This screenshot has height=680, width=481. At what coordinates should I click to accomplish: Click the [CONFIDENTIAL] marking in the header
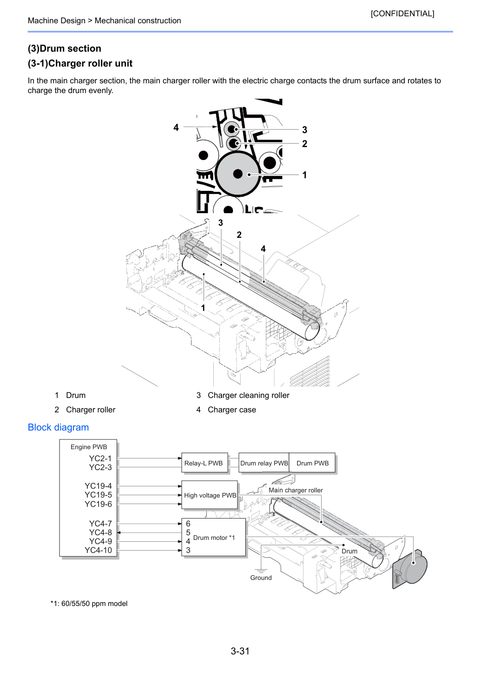(x=402, y=13)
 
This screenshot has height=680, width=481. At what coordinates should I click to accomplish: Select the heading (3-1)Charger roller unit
(x=80, y=63)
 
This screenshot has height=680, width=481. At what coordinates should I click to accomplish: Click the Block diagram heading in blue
(x=58, y=427)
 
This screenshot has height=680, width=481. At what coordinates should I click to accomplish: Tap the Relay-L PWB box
(x=204, y=463)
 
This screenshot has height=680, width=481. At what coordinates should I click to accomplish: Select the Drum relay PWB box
(x=264, y=463)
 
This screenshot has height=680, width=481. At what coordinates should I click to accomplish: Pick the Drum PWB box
(x=312, y=463)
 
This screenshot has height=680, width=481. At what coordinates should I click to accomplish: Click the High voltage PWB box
(x=210, y=495)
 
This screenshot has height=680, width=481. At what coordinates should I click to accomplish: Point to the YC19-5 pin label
(x=98, y=495)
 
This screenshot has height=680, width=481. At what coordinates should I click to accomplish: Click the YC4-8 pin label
(x=100, y=532)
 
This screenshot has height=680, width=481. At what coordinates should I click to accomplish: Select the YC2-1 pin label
(x=100, y=458)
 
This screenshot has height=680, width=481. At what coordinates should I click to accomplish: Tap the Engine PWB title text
(x=89, y=447)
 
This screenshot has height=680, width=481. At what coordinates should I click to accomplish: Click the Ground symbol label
(x=261, y=578)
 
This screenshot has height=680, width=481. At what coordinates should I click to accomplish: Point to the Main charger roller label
(x=296, y=490)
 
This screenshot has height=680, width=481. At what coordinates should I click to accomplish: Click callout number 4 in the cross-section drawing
(x=176, y=128)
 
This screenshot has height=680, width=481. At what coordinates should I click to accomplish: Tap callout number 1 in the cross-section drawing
(x=304, y=175)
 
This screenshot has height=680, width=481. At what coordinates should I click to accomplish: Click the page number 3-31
(x=240, y=651)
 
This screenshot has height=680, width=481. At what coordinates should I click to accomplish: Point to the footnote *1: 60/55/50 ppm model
(x=89, y=604)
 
